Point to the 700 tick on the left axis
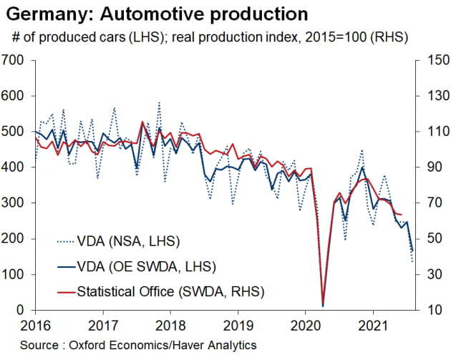(x=15, y=59)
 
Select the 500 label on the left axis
(x=15, y=131)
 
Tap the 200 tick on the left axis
(x=15, y=238)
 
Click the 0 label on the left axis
(x=23, y=310)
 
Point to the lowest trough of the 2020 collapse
(x=323, y=306)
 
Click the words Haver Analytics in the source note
(x=214, y=345)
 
